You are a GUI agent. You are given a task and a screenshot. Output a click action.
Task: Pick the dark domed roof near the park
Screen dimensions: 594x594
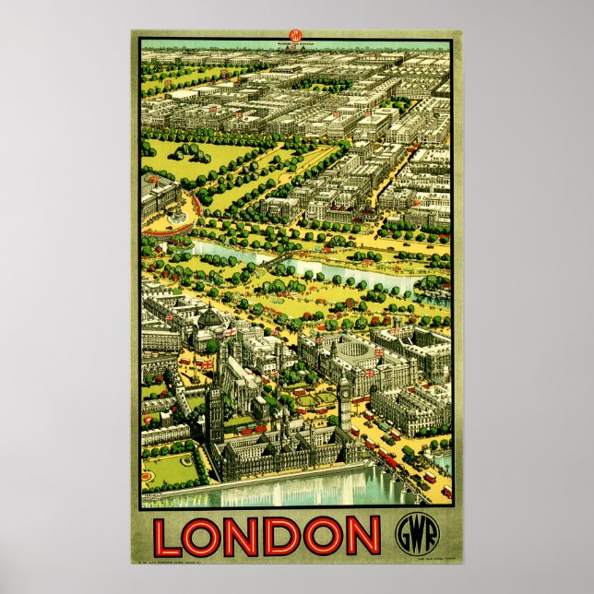click(210, 317)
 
